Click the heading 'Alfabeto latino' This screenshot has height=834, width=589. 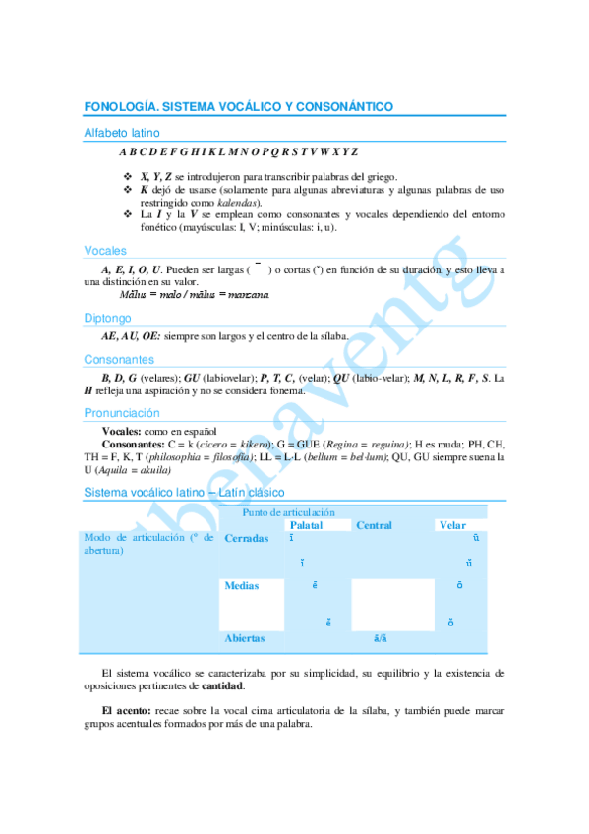coord(122,132)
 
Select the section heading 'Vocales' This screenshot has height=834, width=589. coord(105,251)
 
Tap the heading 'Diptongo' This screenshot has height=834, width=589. coord(108,318)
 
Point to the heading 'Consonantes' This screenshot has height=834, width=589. coord(119,360)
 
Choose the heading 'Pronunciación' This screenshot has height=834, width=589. coord(122,413)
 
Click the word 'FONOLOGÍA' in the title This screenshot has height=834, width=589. coord(120,106)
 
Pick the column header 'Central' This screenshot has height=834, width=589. coord(374,525)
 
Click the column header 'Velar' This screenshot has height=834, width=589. coord(452,525)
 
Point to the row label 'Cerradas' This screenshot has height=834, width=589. coord(247,538)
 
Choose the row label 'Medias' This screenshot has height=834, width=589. coord(242,586)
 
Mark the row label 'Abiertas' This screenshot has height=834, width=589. coord(245,638)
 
